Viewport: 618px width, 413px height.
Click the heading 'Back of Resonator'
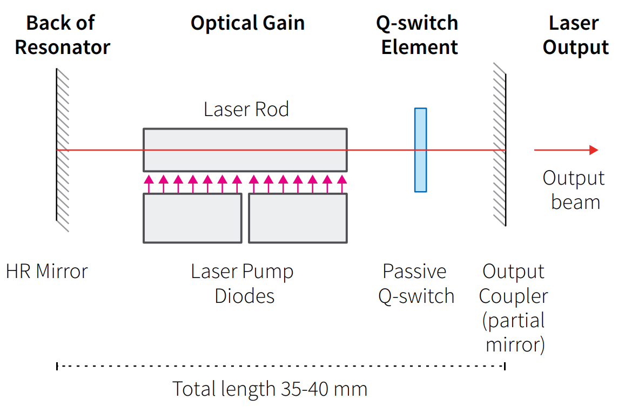pyautogui.click(x=62, y=35)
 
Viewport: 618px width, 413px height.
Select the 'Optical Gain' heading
pyautogui.click(x=247, y=23)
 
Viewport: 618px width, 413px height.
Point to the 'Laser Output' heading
pyautogui.click(x=575, y=35)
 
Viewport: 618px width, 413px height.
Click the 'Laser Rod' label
pyautogui.click(x=246, y=110)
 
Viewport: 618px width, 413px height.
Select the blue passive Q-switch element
pyautogui.click(x=420, y=150)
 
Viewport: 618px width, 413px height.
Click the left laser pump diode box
pyautogui.click(x=192, y=218)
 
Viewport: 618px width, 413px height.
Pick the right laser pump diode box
pyautogui.click(x=298, y=218)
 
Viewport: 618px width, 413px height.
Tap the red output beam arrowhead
pyautogui.click(x=593, y=150)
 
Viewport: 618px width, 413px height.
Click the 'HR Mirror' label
pyautogui.click(x=46, y=271)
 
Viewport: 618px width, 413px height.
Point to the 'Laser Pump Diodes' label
pyautogui.click(x=243, y=283)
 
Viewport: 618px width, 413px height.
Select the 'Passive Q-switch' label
pyautogui.click(x=415, y=283)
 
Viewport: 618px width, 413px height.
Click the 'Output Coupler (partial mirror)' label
pyautogui.click(x=513, y=308)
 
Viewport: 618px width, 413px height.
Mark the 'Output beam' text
pyautogui.click(x=574, y=190)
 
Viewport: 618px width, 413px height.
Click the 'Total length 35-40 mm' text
pyautogui.click(x=270, y=389)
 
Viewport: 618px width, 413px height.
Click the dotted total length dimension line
pyautogui.click(x=281, y=366)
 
